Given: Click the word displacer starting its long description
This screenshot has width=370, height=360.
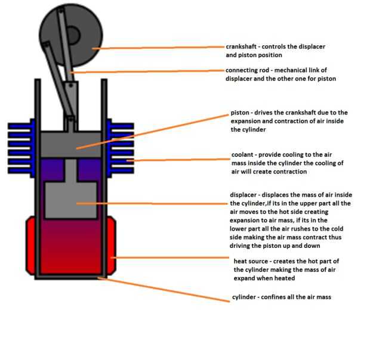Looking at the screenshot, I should coord(245,195).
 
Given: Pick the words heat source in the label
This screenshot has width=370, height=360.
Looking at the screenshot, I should coord(254,261).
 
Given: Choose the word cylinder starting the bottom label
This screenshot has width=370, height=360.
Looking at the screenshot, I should coord(243,297).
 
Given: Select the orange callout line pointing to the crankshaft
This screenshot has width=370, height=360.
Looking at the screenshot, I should coord(161,48).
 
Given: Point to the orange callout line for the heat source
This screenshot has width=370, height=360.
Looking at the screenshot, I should coord(173,258).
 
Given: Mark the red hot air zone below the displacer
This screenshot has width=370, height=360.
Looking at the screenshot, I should coord(72,250).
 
